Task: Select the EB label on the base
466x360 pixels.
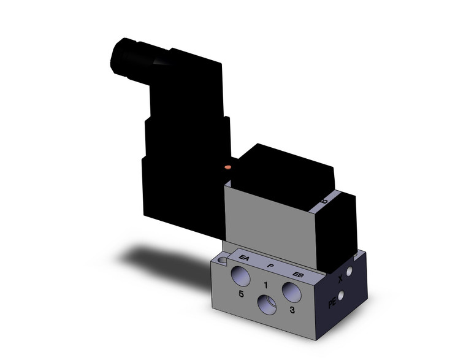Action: (x=298, y=274)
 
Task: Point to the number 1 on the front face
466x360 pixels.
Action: (x=265, y=285)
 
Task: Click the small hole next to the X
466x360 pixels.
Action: (x=349, y=270)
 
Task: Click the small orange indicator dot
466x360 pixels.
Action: (x=228, y=166)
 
